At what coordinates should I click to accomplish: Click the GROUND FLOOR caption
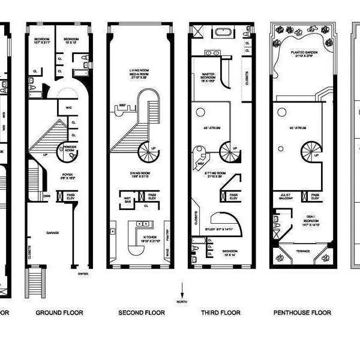pyautogui.click(x=59, y=313)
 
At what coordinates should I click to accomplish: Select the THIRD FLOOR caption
pyautogui.click(x=220, y=313)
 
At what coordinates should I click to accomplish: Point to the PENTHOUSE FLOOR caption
pyautogui.click(x=302, y=313)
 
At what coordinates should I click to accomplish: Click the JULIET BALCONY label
pyautogui.click(x=285, y=196)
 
